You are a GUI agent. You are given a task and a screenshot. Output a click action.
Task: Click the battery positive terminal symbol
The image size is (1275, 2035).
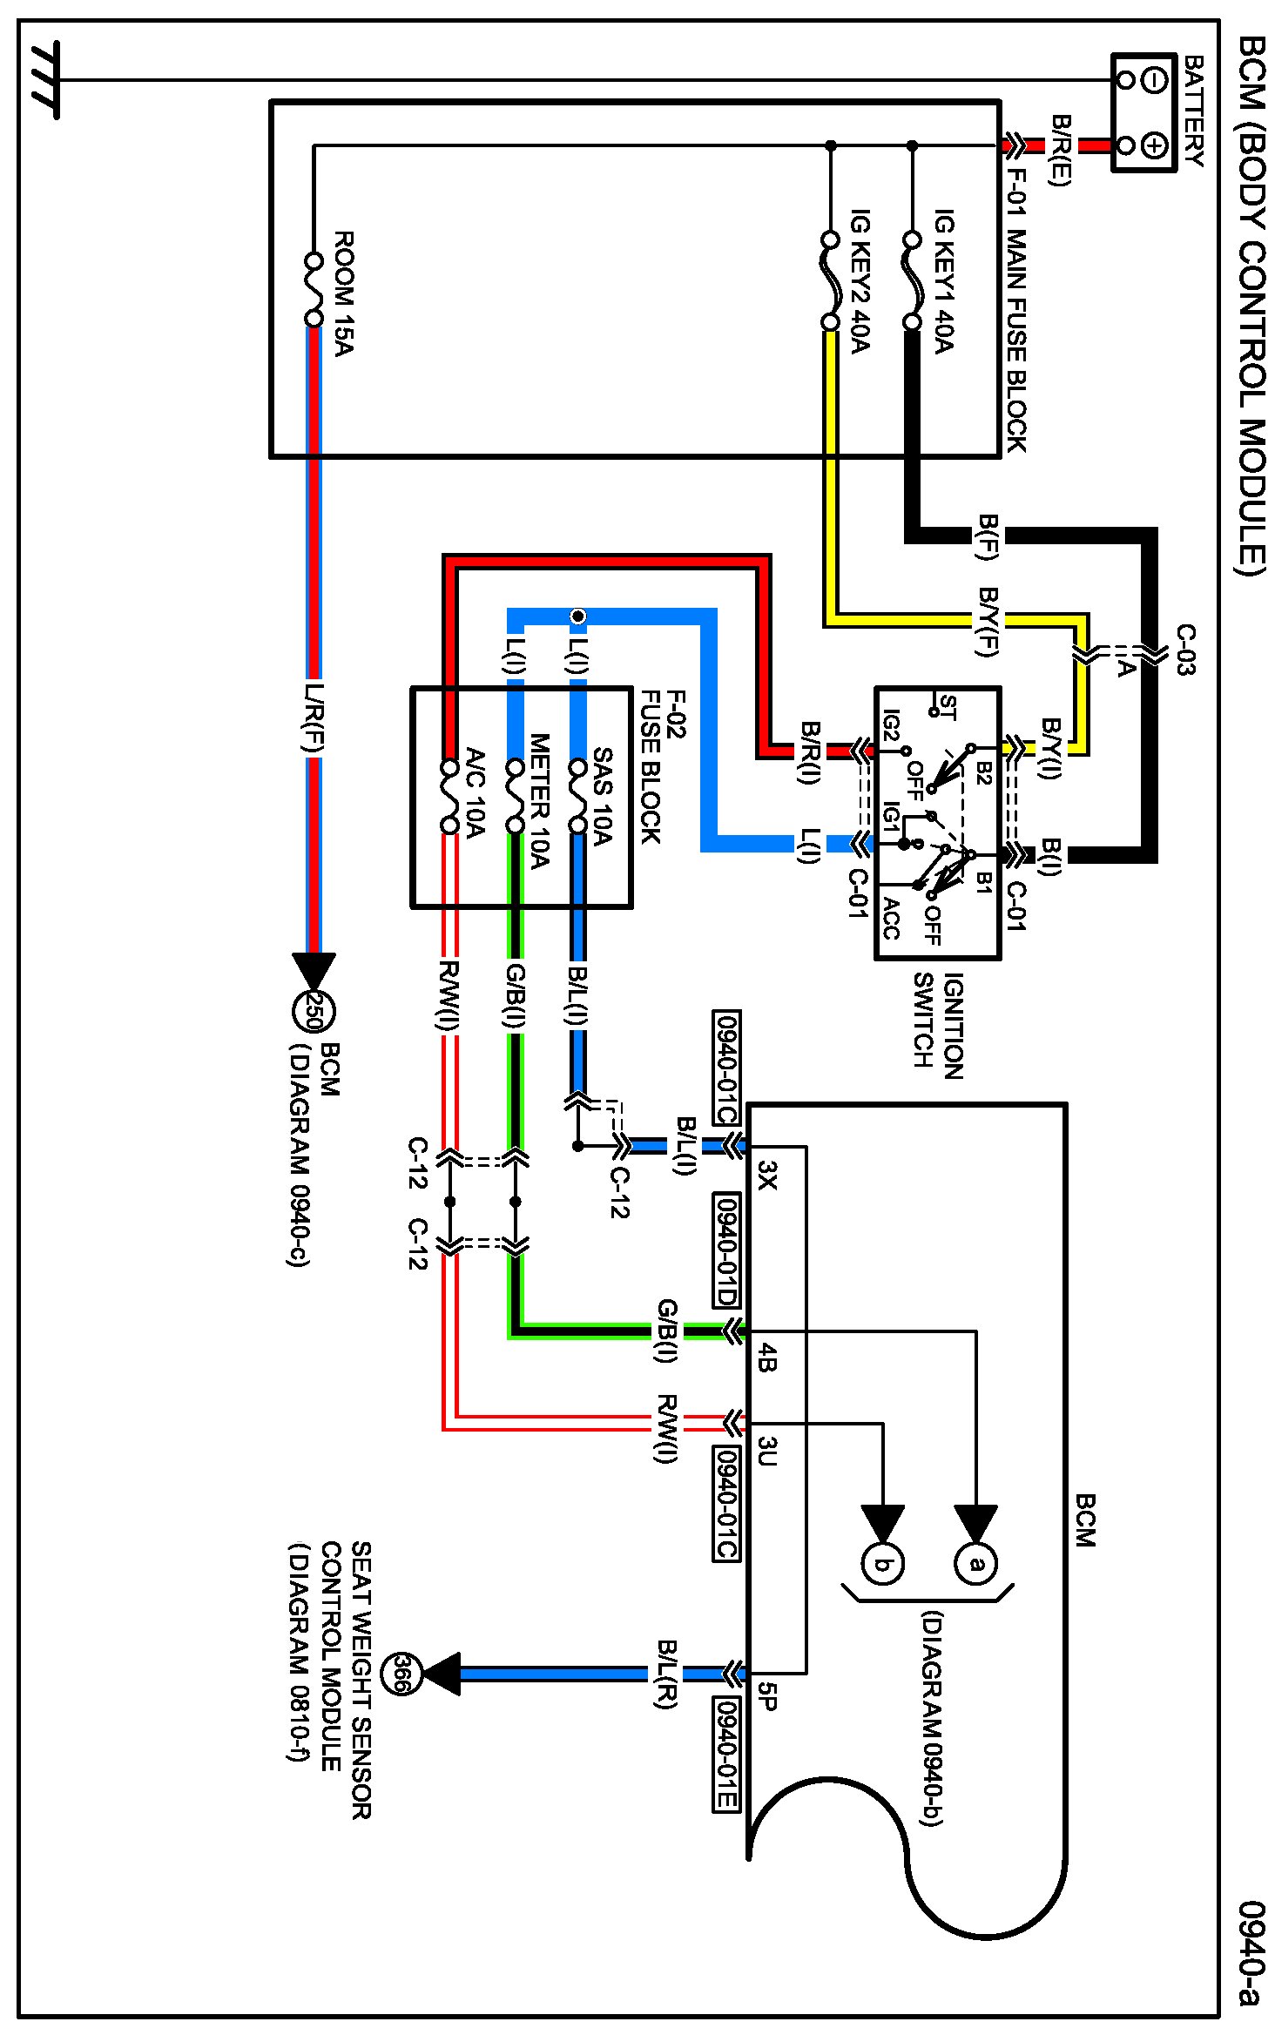[x=1154, y=145]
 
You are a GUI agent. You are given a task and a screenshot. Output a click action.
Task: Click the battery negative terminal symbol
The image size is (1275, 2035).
[x=1154, y=81]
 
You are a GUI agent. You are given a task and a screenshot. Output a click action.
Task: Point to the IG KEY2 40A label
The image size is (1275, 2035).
[x=860, y=280]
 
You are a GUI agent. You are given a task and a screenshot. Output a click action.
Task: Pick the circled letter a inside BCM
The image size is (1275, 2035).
[x=976, y=1564]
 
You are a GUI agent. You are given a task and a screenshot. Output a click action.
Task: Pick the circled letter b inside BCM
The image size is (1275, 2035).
[x=882, y=1564]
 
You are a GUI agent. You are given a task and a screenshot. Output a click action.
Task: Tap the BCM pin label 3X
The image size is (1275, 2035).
[x=767, y=1175]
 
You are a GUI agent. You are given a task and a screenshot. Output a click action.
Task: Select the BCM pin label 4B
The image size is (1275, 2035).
[x=767, y=1358]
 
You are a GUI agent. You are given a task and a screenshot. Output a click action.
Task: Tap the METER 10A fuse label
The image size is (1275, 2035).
[x=539, y=801]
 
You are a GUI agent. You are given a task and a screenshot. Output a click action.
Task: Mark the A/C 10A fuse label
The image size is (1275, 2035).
[x=475, y=792]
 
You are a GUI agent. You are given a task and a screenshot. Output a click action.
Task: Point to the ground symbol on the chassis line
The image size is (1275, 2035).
[x=44, y=80]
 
